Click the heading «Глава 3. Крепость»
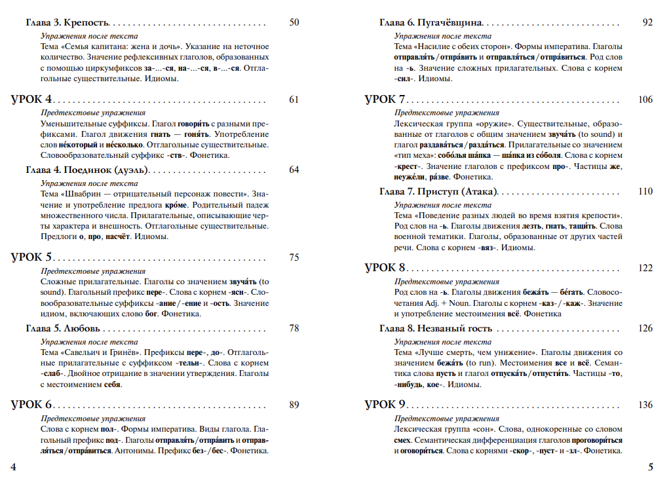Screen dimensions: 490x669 point(67,23)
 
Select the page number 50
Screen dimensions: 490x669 point(294,23)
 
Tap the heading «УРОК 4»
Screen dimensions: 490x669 point(31,100)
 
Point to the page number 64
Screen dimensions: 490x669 point(294,170)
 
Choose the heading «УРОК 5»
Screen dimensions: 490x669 point(31,257)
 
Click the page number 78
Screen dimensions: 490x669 point(294,328)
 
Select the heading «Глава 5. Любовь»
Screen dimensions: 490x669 point(63,328)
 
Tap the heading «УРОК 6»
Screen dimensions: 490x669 point(31,404)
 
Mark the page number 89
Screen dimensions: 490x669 point(294,404)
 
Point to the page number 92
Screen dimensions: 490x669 point(647,23)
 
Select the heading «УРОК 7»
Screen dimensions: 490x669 point(385,100)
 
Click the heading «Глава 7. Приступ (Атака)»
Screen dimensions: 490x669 point(438,191)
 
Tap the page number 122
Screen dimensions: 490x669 point(645,268)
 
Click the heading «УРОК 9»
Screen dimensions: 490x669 point(385,404)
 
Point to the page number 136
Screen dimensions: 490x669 point(645,404)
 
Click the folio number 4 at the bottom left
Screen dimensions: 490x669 point(14,466)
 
